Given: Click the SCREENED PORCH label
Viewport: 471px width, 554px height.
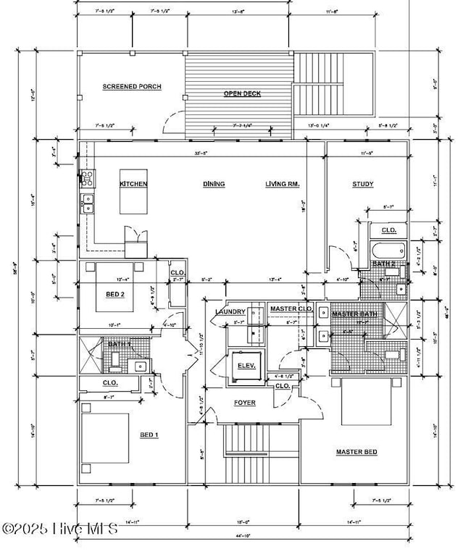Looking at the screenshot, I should pyautogui.click(x=132, y=87).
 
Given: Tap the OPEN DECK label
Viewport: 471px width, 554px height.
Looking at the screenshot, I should pyautogui.click(x=242, y=93).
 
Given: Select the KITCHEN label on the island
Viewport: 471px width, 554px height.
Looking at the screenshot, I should pyautogui.click(x=133, y=184).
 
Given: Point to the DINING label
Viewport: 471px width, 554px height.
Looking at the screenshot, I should pyautogui.click(x=214, y=184).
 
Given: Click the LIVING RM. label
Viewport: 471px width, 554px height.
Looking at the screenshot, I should pyautogui.click(x=283, y=184).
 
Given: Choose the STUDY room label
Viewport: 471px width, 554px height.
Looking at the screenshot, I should pyautogui.click(x=363, y=184).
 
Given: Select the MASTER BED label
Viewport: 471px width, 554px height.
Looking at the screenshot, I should pyautogui.click(x=357, y=452).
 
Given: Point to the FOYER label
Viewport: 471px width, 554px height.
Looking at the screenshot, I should pyautogui.click(x=244, y=403).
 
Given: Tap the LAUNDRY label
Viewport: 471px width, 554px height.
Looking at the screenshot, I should pyautogui.click(x=230, y=312).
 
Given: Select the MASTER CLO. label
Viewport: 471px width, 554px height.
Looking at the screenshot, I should pyautogui.click(x=291, y=309).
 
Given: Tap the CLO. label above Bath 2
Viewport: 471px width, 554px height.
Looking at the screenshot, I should pyautogui.click(x=389, y=230).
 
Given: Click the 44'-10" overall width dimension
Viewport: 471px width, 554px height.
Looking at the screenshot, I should pyautogui.click(x=242, y=536).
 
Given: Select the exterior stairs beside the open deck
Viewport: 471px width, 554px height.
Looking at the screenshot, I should pyautogui.click(x=333, y=84).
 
